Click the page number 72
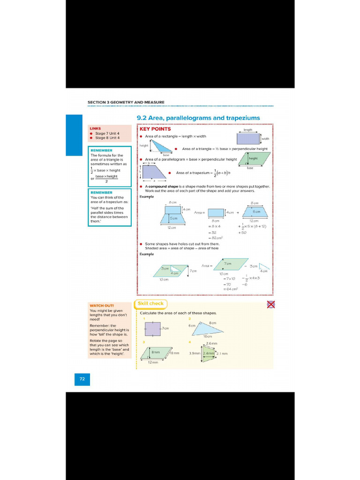click(82, 379)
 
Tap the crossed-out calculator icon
click(270, 305)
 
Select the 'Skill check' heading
click(150, 304)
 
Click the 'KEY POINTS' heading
click(155, 129)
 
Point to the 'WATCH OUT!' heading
click(102, 305)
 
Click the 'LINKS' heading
click(96, 128)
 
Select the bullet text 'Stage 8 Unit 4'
click(107, 138)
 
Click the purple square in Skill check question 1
click(152, 329)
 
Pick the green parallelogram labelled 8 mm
click(156, 352)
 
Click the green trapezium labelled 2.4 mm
click(209, 354)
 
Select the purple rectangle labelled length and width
click(248, 139)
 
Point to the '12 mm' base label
click(153, 362)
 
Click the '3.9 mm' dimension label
click(195, 353)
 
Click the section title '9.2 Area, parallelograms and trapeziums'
click(198, 118)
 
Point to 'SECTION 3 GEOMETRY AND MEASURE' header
click(126, 102)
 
